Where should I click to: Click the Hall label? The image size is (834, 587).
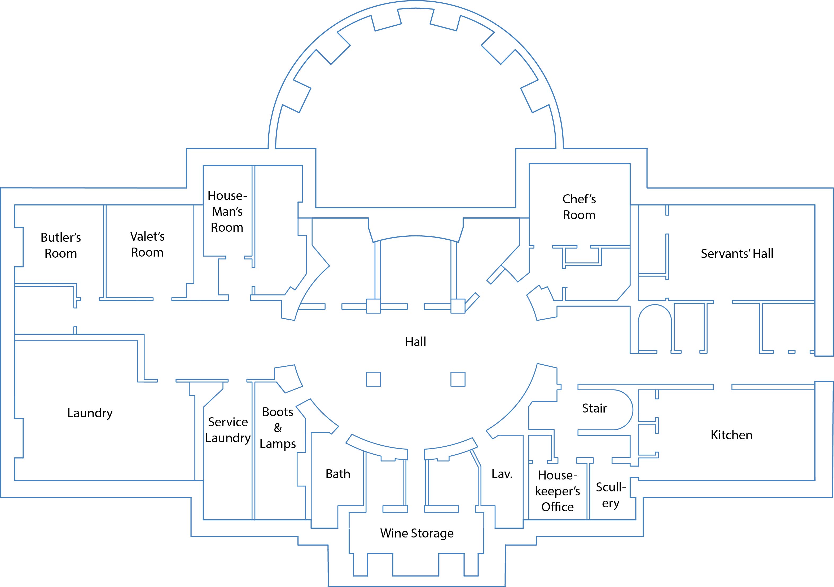point(416,342)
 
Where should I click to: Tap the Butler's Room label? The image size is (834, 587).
point(61,245)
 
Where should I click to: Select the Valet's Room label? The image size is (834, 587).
point(147,244)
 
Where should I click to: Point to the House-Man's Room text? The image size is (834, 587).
point(227,212)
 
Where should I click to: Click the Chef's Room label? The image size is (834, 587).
point(579,207)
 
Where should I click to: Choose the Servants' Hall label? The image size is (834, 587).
point(737,254)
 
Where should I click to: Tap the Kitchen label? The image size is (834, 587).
point(731,435)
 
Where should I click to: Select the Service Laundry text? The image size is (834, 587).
point(228,430)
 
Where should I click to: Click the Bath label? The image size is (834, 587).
point(338,474)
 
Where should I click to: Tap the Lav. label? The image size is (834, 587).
point(502,474)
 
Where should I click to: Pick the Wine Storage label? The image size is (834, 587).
point(417,533)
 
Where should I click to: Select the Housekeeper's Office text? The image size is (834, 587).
point(558,491)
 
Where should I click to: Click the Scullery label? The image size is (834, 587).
point(611,495)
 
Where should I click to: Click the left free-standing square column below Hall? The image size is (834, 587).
point(374,379)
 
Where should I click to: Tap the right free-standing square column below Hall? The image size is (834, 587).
point(458,379)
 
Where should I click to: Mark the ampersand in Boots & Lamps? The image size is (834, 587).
point(278,428)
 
